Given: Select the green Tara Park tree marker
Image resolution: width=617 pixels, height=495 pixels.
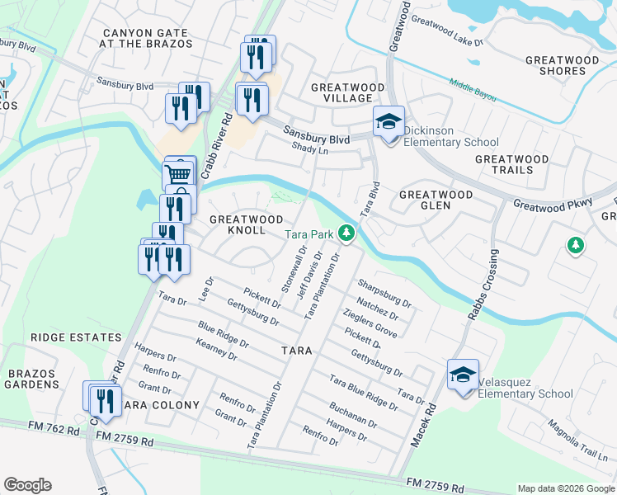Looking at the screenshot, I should (x=348, y=234).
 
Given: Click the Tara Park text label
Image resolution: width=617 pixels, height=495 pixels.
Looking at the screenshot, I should (x=310, y=234).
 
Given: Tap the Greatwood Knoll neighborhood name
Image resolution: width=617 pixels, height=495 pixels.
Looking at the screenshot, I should (x=248, y=224).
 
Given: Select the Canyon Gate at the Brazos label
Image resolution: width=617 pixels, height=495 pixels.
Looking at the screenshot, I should (x=147, y=39).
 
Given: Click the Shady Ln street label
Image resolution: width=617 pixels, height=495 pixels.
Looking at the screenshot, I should (x=310, y=148).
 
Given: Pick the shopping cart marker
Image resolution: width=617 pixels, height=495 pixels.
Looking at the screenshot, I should (x=179, y=174).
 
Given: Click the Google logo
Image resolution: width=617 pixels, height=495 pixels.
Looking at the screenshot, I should (x=27, y=485).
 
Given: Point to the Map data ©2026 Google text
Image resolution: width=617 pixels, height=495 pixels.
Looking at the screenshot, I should (x=565, y=488).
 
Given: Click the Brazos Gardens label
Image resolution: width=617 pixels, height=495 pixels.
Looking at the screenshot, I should (x=34, y=379).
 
